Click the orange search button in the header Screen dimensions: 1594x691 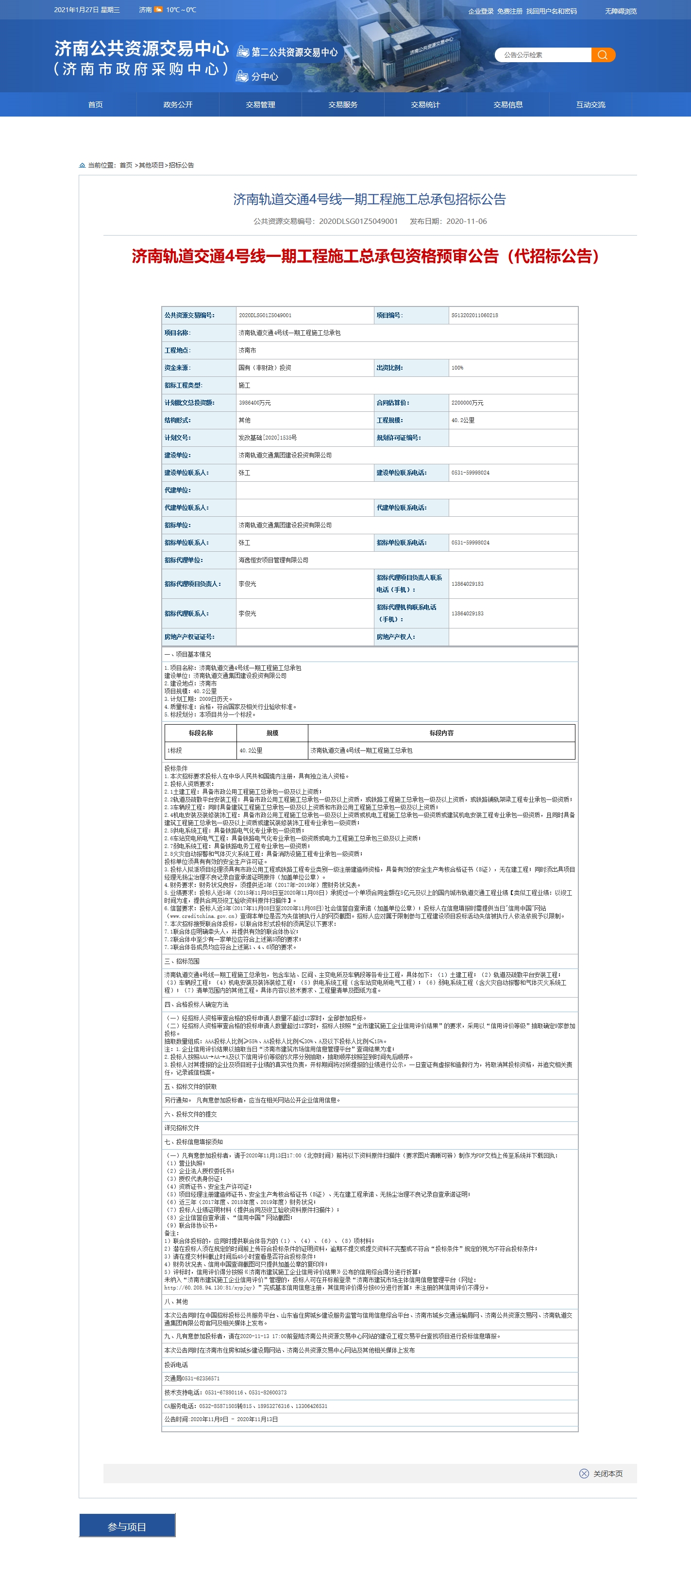[x=603, y=55]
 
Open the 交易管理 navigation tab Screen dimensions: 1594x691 [x=260, y=104]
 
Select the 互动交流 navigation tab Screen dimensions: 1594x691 [x=590, y=104]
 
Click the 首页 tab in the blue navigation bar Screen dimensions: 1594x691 [x=95, y=104]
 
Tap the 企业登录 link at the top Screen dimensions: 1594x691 [x=481, y=11]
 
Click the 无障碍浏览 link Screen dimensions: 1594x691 [x=621, y=11]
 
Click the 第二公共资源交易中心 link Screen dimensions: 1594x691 [x=294, y=52]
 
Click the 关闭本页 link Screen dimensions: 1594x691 [x=607, y=1474]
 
